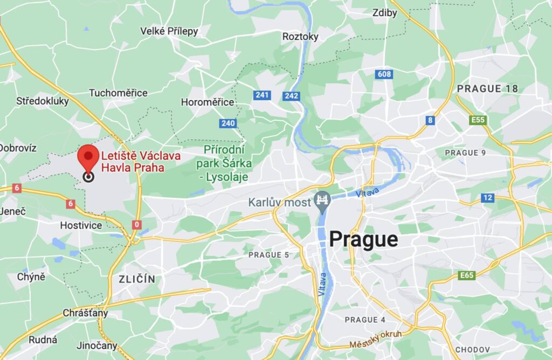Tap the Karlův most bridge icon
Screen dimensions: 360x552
[x=322, y=199]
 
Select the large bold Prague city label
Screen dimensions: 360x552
[x=363, y=239]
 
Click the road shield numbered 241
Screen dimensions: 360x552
[x=262, y=95]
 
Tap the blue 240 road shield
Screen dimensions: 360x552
[x=228, y=123]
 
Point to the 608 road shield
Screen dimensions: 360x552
[x=384, y=74]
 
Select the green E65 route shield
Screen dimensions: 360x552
[x=467, y=276]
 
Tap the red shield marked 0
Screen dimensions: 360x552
[x=137, y=224]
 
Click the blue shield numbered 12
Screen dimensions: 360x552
[x=487, y=198]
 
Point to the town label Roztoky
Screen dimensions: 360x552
[x=300, y=37]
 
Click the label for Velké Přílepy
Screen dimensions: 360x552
[x=169, y=31]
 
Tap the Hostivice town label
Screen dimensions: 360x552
[x=81, y=225]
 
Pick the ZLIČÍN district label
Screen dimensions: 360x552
[x=136, y=279]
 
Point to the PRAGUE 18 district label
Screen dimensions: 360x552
[x=487, y=88]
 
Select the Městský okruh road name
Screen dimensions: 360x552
[x=375, y=340]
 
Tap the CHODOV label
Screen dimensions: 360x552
[x=472, y=350]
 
